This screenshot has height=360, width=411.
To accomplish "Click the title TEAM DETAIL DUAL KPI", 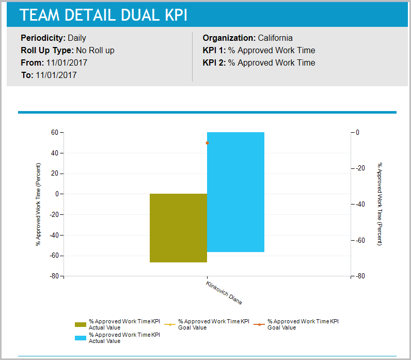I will tap(103, 15).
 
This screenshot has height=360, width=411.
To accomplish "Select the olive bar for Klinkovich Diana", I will tap(178, 228).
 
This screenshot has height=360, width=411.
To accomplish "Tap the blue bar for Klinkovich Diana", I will tap(235, 192).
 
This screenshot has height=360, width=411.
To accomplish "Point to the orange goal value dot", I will tap(207, 143).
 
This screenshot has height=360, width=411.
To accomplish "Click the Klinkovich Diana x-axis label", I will tap(224, 293).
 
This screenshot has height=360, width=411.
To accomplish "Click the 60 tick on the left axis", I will tap(54, 133).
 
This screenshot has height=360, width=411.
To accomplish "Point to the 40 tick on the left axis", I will tap(54, 153).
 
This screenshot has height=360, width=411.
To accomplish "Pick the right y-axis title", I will tap(380, 205).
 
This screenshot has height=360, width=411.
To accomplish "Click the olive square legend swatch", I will tap(80, 324).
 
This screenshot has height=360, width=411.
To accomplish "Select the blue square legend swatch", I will tap(80, 338).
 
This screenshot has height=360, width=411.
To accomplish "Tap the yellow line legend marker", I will tap(170, 324).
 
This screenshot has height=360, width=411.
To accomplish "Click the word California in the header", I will tap(275, 38).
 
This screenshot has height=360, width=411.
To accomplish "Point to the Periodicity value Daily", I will tap(77, 38).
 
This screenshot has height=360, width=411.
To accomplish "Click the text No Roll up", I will tap(95, 51).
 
